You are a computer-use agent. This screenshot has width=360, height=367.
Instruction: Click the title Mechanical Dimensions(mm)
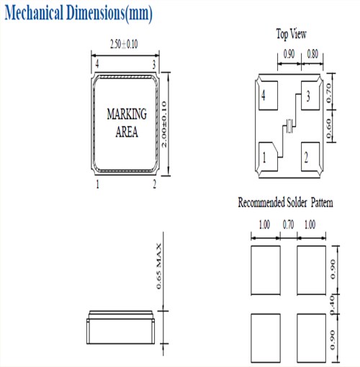coord(78,13)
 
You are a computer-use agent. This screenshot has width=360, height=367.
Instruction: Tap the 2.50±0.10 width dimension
coord(124,44)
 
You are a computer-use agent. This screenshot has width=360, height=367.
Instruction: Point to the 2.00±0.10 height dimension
coord(164,124)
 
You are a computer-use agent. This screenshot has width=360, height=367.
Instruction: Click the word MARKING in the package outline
coord(127,114)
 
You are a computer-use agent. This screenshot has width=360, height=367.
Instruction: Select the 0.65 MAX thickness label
coord(159,266)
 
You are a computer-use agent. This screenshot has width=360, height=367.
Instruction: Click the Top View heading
coord(291,34)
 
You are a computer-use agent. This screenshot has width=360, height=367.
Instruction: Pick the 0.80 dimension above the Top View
coord(312,54)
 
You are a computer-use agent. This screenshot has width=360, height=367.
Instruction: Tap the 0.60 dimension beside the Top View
coord(328,128)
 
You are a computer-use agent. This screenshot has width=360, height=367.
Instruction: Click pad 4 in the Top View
coord(268,96)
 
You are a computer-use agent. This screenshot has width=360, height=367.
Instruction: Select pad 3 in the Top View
coord(310,96)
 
